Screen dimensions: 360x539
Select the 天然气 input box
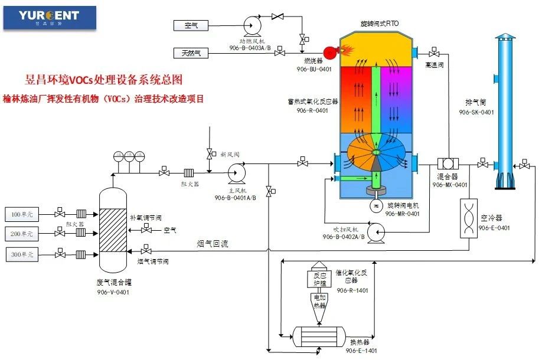191,53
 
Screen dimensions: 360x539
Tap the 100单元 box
23,212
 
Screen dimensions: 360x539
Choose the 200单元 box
23,233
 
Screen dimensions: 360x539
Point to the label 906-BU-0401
313,69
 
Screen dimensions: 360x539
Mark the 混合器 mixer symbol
449,163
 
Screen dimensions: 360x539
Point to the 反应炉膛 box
319,279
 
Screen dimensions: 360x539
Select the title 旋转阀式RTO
380,23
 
